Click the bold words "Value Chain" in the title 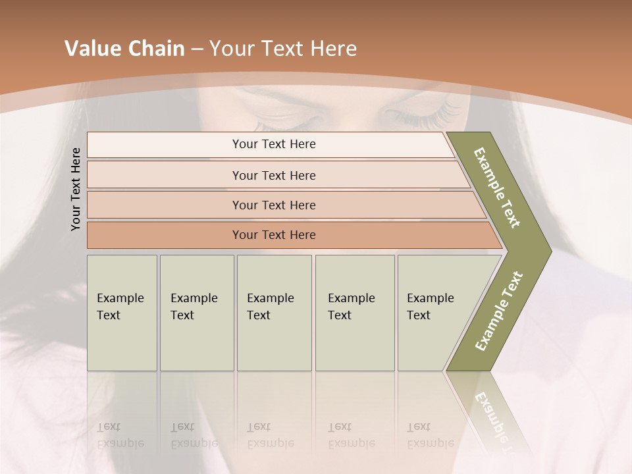(124, 49)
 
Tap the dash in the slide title (196, 49)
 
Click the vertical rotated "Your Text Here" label (76, 189)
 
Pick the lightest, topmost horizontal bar (274, 144)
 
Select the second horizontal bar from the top (274, 175)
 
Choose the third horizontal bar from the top (274, 205)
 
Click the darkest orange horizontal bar (274, 235)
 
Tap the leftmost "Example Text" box (122, 312)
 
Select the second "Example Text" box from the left (196, 312)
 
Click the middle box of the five (274, 312)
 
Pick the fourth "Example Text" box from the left (354, 312)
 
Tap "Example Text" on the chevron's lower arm (499, 311)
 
